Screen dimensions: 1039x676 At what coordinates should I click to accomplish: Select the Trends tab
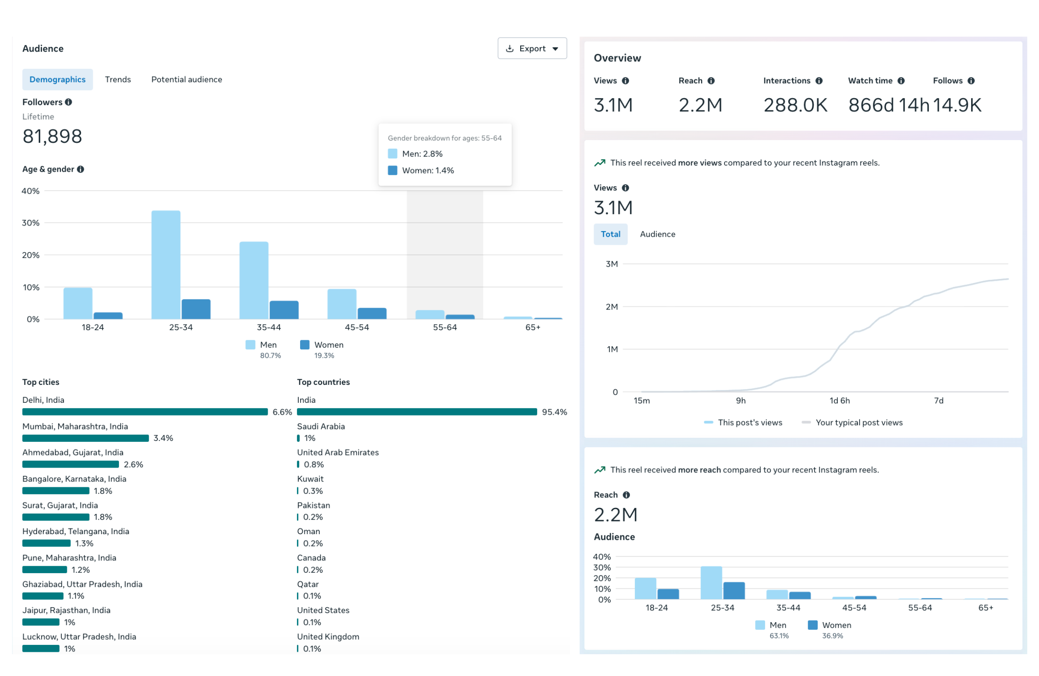(118, 79)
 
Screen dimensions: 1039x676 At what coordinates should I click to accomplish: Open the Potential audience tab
(186, 79)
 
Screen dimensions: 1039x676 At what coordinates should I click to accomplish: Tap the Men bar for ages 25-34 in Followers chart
(166, 264)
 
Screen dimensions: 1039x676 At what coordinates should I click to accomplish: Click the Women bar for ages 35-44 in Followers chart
(284, 310)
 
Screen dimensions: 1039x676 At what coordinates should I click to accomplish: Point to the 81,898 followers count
(52, 136)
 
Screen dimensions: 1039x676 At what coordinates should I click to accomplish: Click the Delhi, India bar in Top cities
(145, 412)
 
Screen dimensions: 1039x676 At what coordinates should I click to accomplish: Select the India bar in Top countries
(416, 412)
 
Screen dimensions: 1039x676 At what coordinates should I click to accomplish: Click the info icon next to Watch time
(900, 81)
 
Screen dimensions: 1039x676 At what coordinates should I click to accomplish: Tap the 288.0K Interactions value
(795, 105)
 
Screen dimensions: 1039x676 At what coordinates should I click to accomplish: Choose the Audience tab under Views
(657, 234)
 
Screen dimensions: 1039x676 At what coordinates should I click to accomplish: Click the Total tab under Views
(610, 234)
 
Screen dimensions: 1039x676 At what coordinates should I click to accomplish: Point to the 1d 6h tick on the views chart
(840, 400)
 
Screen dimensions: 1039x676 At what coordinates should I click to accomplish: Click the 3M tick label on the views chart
(611, 264)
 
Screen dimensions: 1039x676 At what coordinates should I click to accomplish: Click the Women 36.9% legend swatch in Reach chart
(812, 625)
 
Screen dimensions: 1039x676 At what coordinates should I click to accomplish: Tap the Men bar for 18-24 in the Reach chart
(645, 588)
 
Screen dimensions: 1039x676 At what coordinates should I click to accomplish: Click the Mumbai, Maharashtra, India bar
(85, 438)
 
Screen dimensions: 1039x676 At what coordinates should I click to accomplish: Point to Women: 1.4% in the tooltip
(427, 170)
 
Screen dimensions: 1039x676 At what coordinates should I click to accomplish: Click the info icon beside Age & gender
(80, 169)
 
